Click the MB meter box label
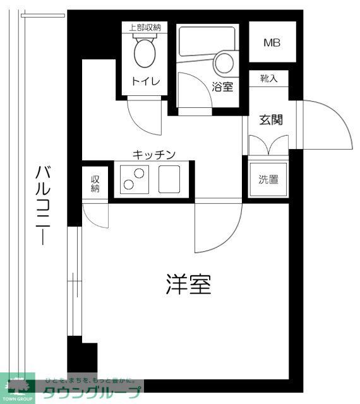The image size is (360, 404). (x=272, y=44)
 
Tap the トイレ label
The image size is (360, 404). (x=146, y=81)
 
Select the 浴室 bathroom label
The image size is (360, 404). (x=222, y=86)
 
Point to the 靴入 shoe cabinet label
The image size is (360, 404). (x=268, y=78)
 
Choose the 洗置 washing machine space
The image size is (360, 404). (x=268, y=179)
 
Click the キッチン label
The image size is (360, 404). (x=153, y=154)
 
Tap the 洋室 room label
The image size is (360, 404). (x=188, y=285)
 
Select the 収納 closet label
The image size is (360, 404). (x=95, y=184)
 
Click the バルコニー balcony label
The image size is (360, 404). (x=43, y=205)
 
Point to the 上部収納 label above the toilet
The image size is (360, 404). (x=145, y=27)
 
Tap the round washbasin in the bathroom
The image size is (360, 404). (x=224, y=64)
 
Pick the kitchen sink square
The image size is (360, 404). (x=170, y=179)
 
